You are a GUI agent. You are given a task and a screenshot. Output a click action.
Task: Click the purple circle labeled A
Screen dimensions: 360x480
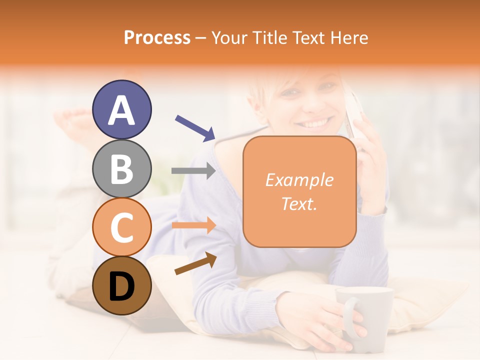pos(122,109)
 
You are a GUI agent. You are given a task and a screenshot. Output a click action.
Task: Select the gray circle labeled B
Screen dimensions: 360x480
pos(122,168)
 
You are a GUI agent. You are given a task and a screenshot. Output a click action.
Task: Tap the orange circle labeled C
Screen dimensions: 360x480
pos(122,227)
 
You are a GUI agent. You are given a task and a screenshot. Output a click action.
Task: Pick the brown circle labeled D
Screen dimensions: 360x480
pos(122,285)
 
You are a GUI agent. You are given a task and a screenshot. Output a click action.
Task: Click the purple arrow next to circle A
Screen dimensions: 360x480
pos(195,127)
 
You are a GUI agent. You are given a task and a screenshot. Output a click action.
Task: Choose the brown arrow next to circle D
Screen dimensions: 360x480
pos(195,263)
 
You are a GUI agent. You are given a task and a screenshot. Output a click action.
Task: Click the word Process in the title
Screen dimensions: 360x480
pos(157,38)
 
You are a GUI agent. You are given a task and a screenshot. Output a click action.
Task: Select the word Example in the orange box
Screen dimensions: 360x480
pos(299,180)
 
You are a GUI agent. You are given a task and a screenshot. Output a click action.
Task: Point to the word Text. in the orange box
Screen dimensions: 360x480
pos(299,203)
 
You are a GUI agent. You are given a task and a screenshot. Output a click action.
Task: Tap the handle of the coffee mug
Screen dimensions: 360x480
pos(350,317)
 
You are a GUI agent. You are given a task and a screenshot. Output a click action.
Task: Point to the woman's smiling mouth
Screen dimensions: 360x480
pos(315,122)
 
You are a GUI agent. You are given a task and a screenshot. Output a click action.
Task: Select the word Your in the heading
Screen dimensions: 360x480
pos(230,38)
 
